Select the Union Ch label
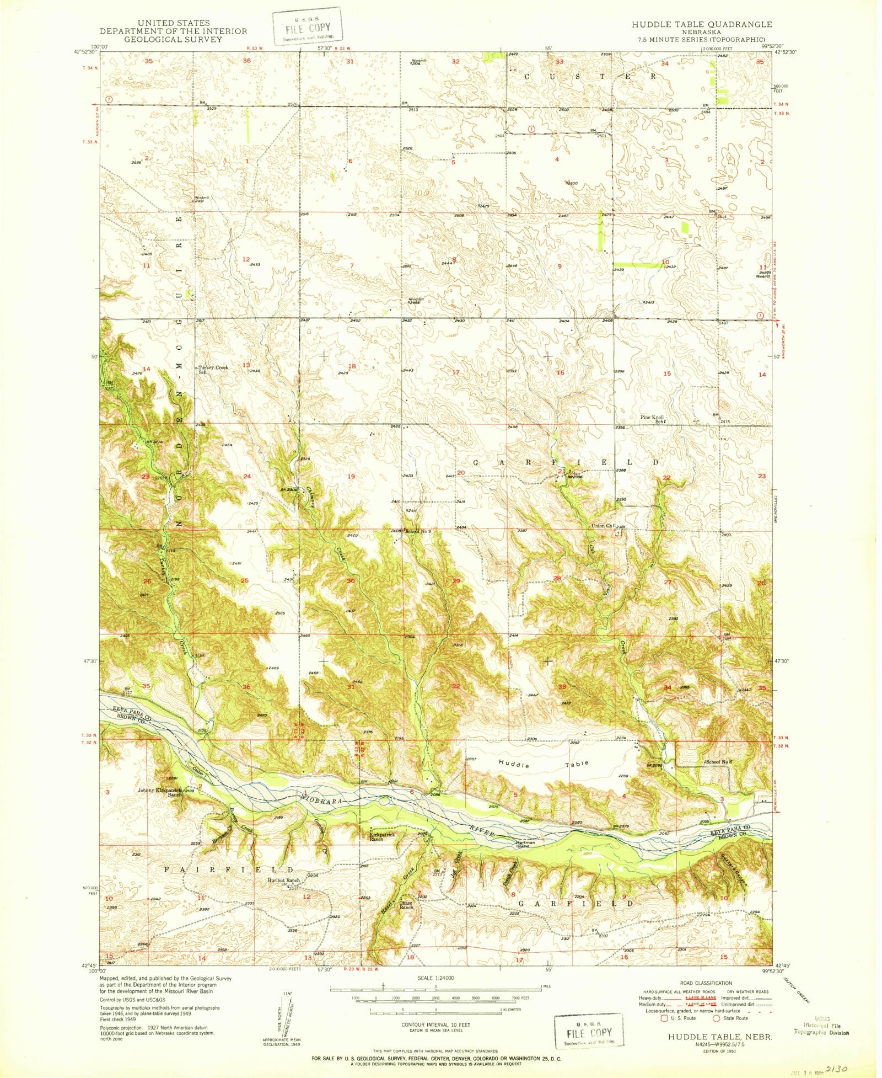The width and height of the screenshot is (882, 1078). coord(602,526)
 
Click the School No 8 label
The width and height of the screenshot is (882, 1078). coord(719,762)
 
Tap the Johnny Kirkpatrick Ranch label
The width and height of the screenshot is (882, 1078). coord(160,792)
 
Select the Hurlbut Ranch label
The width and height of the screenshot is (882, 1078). coord(283,880)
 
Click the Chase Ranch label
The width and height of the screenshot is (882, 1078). coord(406,905)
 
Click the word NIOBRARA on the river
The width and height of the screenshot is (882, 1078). coord(325,799)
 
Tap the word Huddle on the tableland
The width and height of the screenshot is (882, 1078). coord(514,765)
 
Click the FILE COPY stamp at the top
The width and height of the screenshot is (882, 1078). coord(306,26)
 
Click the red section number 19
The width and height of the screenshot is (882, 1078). coord(351,476)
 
